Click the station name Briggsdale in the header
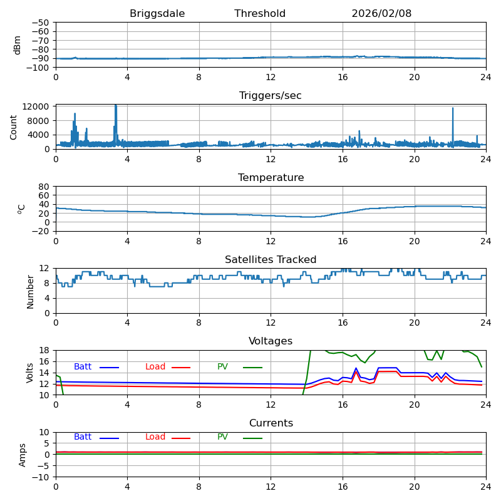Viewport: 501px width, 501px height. (x=157, y=14)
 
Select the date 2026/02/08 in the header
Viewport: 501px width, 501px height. (x=381, y=14)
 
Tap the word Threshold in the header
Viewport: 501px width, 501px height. (x=260, y=14)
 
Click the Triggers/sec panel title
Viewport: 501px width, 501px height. (x=271, y=96)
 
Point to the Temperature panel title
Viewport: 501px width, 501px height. (x=271, y=178)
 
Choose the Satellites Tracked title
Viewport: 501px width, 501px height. (x=271, y=260)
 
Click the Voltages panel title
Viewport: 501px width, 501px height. (x=271, y=341)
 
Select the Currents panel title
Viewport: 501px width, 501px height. (x=271, y=423)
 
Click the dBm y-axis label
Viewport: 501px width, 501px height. (x=18, y=44)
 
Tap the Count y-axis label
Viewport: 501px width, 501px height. (x=14, y=127)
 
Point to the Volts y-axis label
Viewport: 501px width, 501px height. (x=30, y=372)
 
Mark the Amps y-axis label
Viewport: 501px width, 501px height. (x=23, y=455)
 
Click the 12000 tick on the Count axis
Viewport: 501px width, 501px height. (x=37, y=107)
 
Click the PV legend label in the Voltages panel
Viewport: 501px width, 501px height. (x=223, y=367)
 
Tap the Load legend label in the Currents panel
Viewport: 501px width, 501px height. (x=155, y=437)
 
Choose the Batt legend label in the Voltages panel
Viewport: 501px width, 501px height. (x=83, y=367)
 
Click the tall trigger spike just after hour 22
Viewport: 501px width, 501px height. (x=453, y=125)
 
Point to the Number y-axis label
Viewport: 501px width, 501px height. (x=30, y=291)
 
